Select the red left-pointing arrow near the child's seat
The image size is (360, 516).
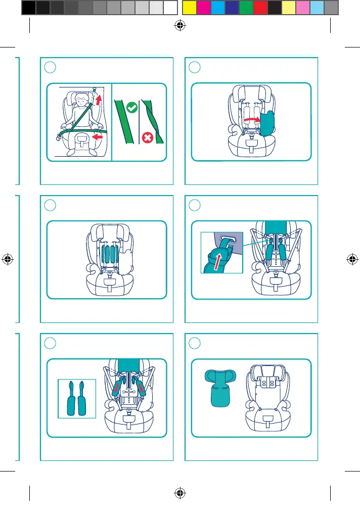pos(99,136)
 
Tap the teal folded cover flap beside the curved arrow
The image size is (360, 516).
pos(266,123)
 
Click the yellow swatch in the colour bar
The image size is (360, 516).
pos(189,7)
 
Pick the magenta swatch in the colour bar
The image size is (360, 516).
pos(203,7)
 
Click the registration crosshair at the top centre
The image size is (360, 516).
pos(179,28)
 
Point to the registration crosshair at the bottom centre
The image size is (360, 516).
pos(179,493)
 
